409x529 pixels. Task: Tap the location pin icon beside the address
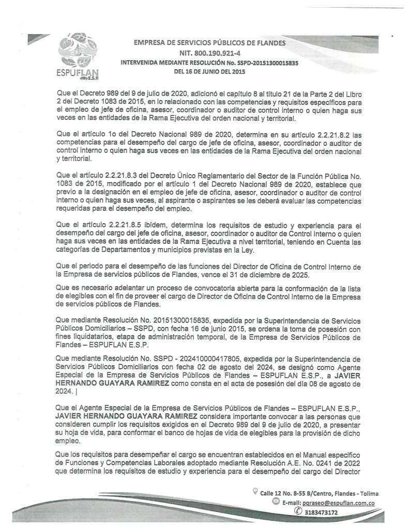[254, 490]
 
